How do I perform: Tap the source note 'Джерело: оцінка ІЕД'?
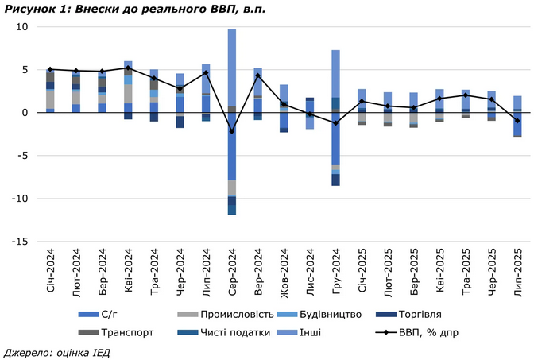click(x=56, y=351)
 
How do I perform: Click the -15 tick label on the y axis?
click(x=20, y=242)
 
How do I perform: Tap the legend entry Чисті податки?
click(x=234, y=332)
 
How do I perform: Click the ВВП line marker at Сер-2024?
click(x=232, y=131)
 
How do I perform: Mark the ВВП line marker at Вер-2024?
click(x=257, y=75)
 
